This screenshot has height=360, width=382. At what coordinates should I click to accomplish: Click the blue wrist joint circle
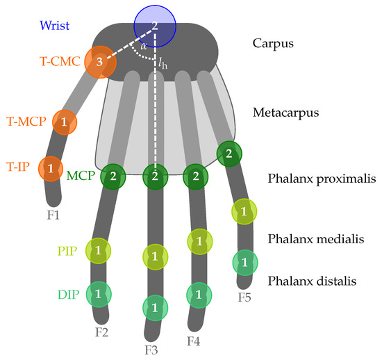point(155,26)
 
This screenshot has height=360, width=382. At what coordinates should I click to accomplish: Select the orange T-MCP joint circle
point(64,122)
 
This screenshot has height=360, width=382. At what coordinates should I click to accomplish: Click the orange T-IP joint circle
point(51,168)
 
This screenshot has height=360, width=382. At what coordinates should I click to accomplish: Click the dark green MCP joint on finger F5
point(229,154)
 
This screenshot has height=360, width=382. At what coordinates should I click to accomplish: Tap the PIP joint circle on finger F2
point(98,249)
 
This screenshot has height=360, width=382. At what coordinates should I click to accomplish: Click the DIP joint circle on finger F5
point(244,262)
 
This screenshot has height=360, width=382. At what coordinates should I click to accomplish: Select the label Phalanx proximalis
point(317,179)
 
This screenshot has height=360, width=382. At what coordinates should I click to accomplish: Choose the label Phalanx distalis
point(312,281)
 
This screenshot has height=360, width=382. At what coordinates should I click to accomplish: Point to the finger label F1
point(53,215)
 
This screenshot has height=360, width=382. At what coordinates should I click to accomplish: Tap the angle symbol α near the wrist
point(143,45)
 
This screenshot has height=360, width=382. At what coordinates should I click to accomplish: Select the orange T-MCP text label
point(27,122)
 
